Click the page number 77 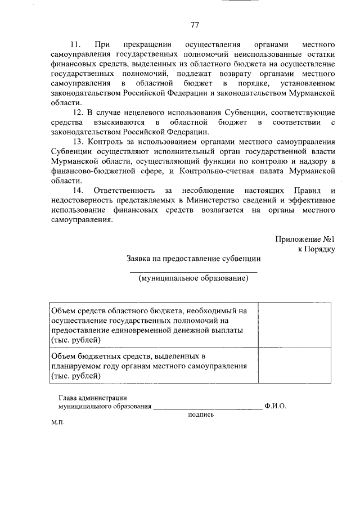point(195,25)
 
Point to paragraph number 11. point(75,44)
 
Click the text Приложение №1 point(305,239)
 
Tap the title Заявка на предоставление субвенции point(193,259)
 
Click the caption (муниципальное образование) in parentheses point(193,278)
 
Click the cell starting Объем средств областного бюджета point(152,325)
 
